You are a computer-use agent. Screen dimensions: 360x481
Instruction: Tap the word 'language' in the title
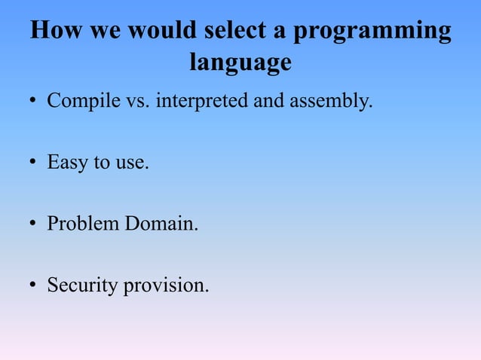point(240,62)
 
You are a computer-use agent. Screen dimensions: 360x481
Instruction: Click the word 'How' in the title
point(57,32)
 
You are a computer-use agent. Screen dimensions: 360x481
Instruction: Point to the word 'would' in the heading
point(161,32)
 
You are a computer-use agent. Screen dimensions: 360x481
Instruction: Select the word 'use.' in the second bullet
point(131,163)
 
